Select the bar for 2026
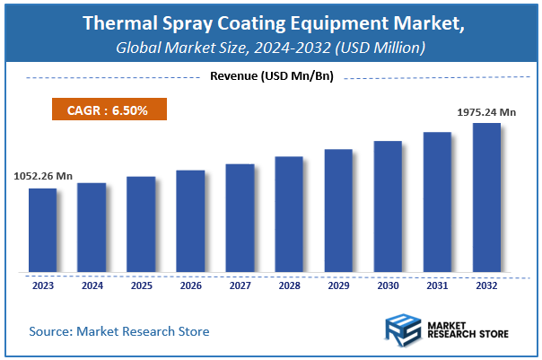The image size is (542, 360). [x=190, y=220]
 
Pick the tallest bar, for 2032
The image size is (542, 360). [x=486, y=197]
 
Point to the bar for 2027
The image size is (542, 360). [x=240, y=217]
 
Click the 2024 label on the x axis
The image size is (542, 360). [x=92, y=286]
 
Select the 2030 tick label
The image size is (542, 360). [x=388, y=286]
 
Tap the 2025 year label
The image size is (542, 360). [x=142, y=286]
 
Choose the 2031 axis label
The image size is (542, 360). [x=437, y=286]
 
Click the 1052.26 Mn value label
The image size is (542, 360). [x=42, y=176]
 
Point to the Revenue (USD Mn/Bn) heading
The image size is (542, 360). [x=271, y=76]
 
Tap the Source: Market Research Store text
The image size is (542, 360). [x=119, y=331]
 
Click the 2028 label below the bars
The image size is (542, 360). [x=289, y=286]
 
